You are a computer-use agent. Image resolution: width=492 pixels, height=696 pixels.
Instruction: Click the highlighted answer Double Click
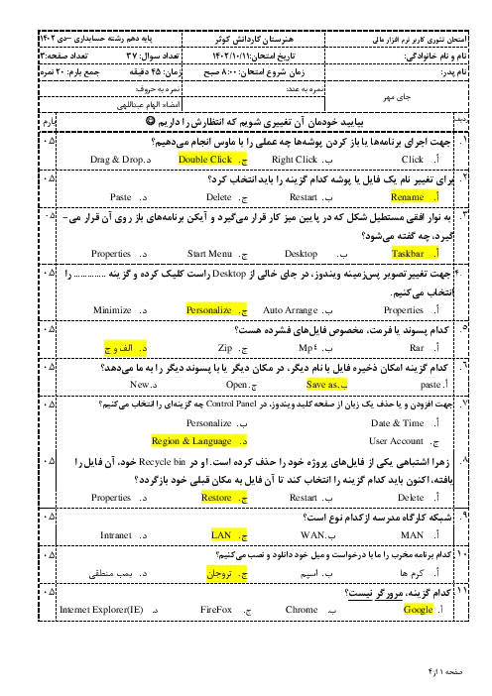pyautogui.click(x=205, y=160)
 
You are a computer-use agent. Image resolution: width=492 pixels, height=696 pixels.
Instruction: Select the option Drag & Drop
pyautogui.click(x=117, y=160)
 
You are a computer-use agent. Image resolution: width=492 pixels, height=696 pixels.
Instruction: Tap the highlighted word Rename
pyautogui.click(x=407, y=197)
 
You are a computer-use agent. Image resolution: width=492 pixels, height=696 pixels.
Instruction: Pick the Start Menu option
pyautogui.click(x=209, y=254)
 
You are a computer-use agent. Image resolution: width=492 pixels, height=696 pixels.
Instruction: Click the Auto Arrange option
pyautogui.click(x=291, y=310)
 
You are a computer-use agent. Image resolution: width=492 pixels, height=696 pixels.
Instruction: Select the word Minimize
pyautogui.click(x=112, y=310)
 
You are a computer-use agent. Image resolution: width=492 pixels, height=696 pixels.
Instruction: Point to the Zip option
pyautogui.click(x=225, y=348)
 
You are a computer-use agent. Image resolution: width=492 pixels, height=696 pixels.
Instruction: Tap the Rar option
pyautogui.click(x=417, y=348)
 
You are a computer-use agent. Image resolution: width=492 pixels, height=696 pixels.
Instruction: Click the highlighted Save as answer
pyautogui.click(x=322, y=385)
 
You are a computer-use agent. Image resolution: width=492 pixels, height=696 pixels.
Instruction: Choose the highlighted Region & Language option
pyautogui.click(x=191, y=441)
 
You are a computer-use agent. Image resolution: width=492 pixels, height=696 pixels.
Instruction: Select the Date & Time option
pyautogui.click(x=398, y=423)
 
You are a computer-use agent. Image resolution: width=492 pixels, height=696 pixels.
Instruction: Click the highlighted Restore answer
pyautogui.click(x=216, y=497)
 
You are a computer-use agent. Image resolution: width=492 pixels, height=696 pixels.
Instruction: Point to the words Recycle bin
pyautogui.click(x=162, y=462)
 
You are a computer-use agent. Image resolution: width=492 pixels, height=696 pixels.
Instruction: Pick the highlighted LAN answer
pyautogui.click(x=221, y=534)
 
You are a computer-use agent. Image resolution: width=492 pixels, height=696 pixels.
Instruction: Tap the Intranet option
pyautogui.click(x=116, y=534)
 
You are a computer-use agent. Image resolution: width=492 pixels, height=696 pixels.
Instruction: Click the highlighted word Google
pyautogui.click(x=418, y=610)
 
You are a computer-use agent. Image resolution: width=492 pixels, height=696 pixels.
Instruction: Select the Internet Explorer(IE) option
pyautogui.click(x=101, y=610)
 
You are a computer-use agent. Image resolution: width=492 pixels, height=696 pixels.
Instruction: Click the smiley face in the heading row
pyautogui.click(x=150, y=121)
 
